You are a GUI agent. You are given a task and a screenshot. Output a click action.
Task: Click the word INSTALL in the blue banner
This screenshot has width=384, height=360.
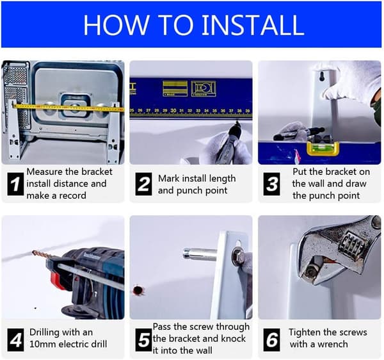click(253, 25)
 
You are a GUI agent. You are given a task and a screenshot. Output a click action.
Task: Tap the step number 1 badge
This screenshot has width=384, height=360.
click(15, 184)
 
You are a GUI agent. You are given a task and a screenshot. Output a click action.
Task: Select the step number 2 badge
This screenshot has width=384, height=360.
click(143, 184)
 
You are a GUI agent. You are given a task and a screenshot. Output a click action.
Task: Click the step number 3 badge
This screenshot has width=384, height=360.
click(271, 184)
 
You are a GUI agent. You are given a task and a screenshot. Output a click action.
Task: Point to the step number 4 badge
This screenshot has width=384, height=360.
click(15, 340)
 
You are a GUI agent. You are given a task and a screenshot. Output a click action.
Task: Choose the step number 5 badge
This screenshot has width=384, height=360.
click(143, 340)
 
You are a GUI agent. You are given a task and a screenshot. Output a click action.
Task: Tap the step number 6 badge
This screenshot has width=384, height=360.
click(271, 340)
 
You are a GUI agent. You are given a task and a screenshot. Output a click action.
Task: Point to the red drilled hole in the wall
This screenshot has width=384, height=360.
click(138, 290)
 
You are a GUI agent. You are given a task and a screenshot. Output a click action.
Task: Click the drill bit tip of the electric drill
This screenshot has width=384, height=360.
click(33, 252)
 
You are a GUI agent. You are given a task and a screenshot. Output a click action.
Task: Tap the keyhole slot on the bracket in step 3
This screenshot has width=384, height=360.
click(322, 76)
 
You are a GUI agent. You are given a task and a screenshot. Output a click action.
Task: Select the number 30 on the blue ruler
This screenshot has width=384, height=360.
click(173, 111)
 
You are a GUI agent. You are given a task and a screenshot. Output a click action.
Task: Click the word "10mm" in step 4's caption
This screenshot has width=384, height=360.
click(42, 344)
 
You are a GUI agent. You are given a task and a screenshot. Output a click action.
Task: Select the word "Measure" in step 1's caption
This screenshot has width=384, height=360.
click(45, 172)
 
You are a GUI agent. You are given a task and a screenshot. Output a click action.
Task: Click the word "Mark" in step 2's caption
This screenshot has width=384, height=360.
click(168, 179)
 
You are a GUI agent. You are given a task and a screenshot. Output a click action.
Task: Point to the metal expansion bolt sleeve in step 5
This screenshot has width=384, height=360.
click(200, 254)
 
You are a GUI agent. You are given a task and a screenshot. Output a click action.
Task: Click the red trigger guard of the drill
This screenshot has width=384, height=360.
click(57, 281)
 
